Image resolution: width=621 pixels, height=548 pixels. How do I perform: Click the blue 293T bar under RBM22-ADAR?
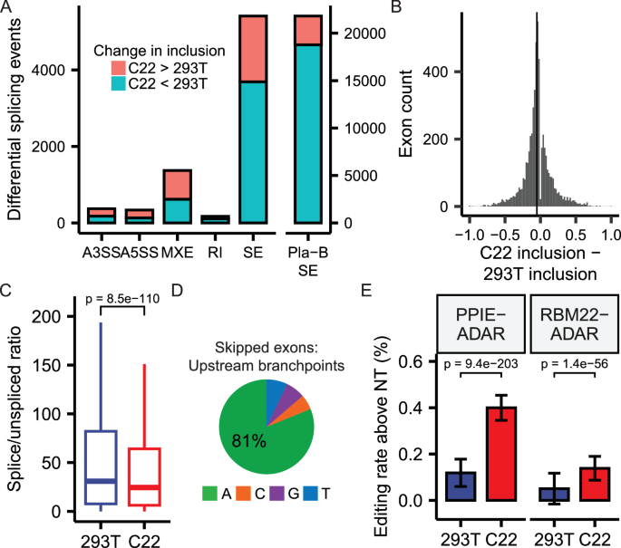(x=552, y=494)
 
